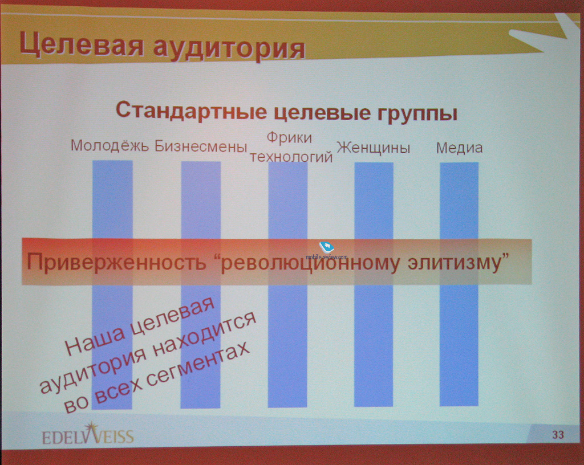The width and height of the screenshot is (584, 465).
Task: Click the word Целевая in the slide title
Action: pyautogui.click(x=82, y=44)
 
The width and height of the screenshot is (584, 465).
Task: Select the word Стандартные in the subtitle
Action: pyautogui.click(x=192, y=111)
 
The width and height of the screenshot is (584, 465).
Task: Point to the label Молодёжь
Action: pyautogui.click(x=110, y=145)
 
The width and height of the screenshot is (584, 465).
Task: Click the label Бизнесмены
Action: pyautogui.click(x=201, y=146)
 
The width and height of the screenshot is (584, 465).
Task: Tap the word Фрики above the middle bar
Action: pyautogui.click(x=289, y=138)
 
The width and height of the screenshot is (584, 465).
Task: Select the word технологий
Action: pyautogui.click(x=291, y=157)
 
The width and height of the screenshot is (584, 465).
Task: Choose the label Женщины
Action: pyautogui.click(x=373, y=148)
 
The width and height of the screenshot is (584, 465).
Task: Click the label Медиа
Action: pyautogui.click(x=459, y=148)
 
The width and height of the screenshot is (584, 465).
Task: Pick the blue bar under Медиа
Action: pyautogui.click(x=459, y=284)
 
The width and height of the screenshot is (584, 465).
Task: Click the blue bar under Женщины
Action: pyautogui.click(x=374, y=284)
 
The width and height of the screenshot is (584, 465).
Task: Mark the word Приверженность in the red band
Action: pyautogui.click(x=116, y=262)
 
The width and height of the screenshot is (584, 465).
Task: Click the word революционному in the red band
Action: pyautogui.click(x=310, y=263)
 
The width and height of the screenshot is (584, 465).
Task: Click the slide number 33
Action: pyautogui.click(x=558, y=434)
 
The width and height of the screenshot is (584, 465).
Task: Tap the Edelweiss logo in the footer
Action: pyautogui.click(x=88, y=434)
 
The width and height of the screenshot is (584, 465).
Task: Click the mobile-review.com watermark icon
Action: pyautogui.click(x=327, y=247)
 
